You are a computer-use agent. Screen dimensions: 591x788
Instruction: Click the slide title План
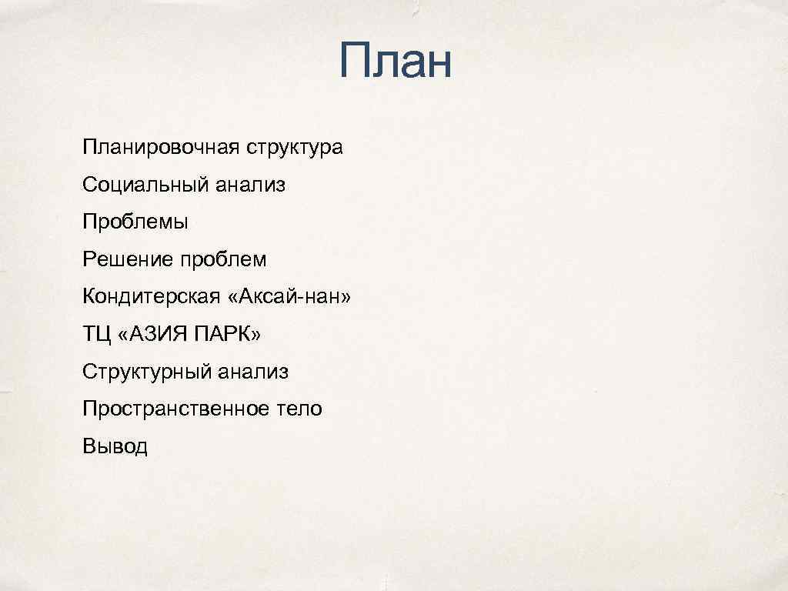pos(394,62)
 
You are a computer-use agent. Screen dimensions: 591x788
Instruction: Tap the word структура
pos(295,147)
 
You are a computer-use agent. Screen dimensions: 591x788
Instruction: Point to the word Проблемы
pos(135,222)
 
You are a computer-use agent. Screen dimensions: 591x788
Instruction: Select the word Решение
pos(129,260)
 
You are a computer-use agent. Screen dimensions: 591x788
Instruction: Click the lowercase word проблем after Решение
pos(223,260)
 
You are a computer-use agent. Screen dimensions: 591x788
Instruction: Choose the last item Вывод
pos(115,447)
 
